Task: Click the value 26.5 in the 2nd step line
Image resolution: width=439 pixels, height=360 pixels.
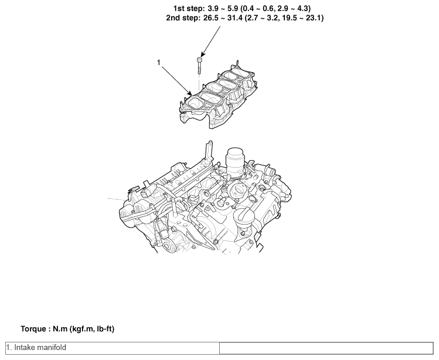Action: coord(211,18)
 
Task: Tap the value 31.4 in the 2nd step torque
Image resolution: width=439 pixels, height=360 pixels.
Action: coord(234,18)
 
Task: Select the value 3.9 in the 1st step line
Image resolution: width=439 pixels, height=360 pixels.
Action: coord(213,9)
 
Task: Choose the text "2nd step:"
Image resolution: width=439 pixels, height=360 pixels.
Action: coord(183,18)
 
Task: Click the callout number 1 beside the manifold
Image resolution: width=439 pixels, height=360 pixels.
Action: coord(159,63)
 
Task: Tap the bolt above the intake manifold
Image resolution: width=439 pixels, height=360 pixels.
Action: coord(199,66)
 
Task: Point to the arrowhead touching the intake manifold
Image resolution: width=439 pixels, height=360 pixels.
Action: coord(190,93)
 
